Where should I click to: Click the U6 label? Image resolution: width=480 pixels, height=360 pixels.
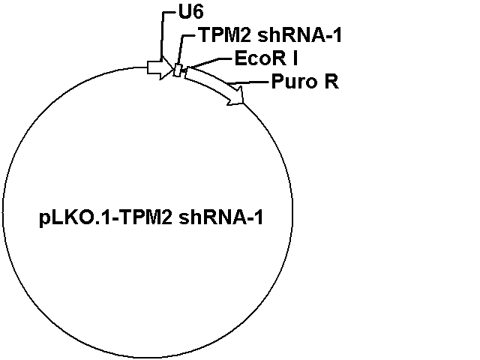pyautogui.click(x=190, y=13)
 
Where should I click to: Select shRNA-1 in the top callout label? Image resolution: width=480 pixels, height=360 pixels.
pyautogui.click(x=299, y=35)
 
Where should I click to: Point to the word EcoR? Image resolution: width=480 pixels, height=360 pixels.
pyautogui.click(x=260, y=58)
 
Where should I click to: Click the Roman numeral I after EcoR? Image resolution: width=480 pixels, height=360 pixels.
pyautogui.click(x=295, y=58)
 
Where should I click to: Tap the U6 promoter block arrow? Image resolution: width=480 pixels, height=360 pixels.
pyautogui.click(x=160, y=67)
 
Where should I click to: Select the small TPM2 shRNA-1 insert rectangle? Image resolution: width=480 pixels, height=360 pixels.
pyautogui.click(x=178, y=70)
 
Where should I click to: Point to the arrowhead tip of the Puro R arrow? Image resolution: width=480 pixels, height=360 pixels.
pyautogui.click(x=243, y=103)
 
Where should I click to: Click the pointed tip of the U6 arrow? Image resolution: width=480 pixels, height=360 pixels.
pyautogui.click(x=173, y=69)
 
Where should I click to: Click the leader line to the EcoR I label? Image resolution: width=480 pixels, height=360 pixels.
pyautogui.click(x=210, y=62)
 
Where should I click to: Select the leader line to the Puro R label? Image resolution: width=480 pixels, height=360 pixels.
pyautogui.click(x=250, y=82)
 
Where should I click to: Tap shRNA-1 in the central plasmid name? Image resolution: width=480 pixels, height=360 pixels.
pyautogui.click(x=220, y=217)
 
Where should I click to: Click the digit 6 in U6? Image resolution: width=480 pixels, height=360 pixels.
pyautogui.click(x=198, y=13)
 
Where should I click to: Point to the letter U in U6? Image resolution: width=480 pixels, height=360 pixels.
pyautogui.click(x=185, y=13)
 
